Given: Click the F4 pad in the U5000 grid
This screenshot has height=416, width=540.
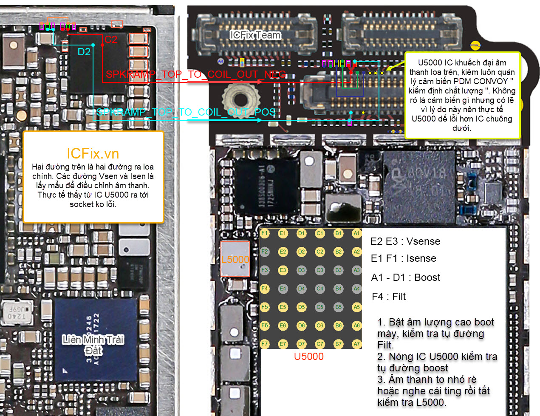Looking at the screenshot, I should (265, 289).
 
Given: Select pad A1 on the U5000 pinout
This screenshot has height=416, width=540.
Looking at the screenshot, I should (356, 233).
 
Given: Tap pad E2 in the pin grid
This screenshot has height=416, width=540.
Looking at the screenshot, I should (283, 252).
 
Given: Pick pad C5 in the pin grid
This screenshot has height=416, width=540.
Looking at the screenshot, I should (320, 307).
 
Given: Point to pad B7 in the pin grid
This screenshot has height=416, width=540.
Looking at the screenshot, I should (338, 344).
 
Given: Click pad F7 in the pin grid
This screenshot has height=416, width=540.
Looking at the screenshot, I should (265, 344).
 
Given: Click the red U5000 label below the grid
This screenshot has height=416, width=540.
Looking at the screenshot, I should (309, 357).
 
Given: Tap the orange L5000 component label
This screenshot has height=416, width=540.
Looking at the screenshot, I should (235, 260).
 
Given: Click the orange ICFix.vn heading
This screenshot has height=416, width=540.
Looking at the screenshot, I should (93, 153).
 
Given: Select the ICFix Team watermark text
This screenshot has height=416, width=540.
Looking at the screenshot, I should (255, 35).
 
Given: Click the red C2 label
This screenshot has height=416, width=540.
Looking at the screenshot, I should (111, 40).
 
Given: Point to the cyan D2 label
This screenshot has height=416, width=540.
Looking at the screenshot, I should (84, 52).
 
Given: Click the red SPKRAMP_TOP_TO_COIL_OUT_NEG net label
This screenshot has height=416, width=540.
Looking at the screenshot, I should (196, 74).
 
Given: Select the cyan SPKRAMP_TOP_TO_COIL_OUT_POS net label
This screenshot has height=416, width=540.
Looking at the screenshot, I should (186, 112).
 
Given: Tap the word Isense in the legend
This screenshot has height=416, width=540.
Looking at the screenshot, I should (421, 258).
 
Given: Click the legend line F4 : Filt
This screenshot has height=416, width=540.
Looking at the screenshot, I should (389, 297).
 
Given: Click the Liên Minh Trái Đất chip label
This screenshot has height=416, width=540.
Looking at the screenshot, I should (93, 345).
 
